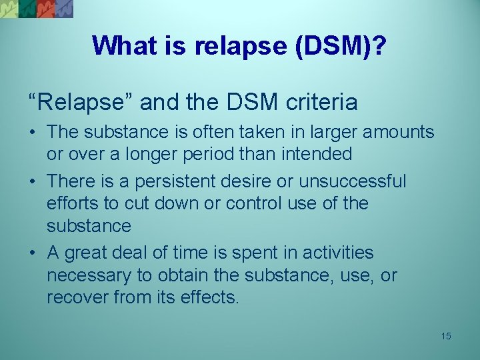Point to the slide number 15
(445, 336)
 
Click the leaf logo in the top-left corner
(37, 9)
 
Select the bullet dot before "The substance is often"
(33, 132)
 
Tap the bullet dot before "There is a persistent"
(33, 181)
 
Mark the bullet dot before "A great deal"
(33, 253)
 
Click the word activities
(338, 253)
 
